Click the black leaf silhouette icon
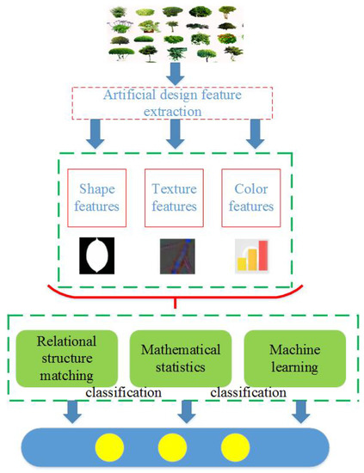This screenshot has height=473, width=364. coord(96,255)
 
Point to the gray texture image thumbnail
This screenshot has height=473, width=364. coord(176,255)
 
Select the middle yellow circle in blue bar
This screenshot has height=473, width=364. coord(173,447)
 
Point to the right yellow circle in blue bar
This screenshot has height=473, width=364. coord(233,447)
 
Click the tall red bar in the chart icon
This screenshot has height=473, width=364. coord(262,255)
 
